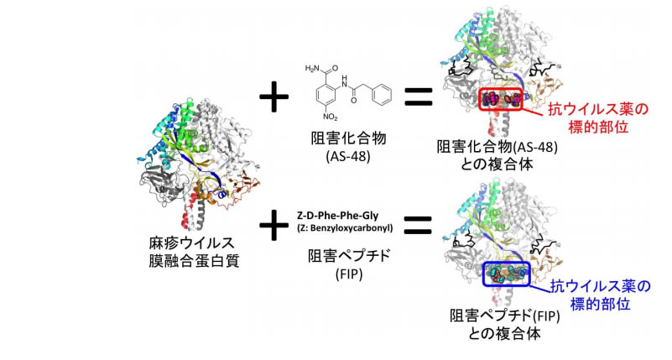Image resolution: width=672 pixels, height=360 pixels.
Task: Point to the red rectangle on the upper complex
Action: point(501,100)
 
